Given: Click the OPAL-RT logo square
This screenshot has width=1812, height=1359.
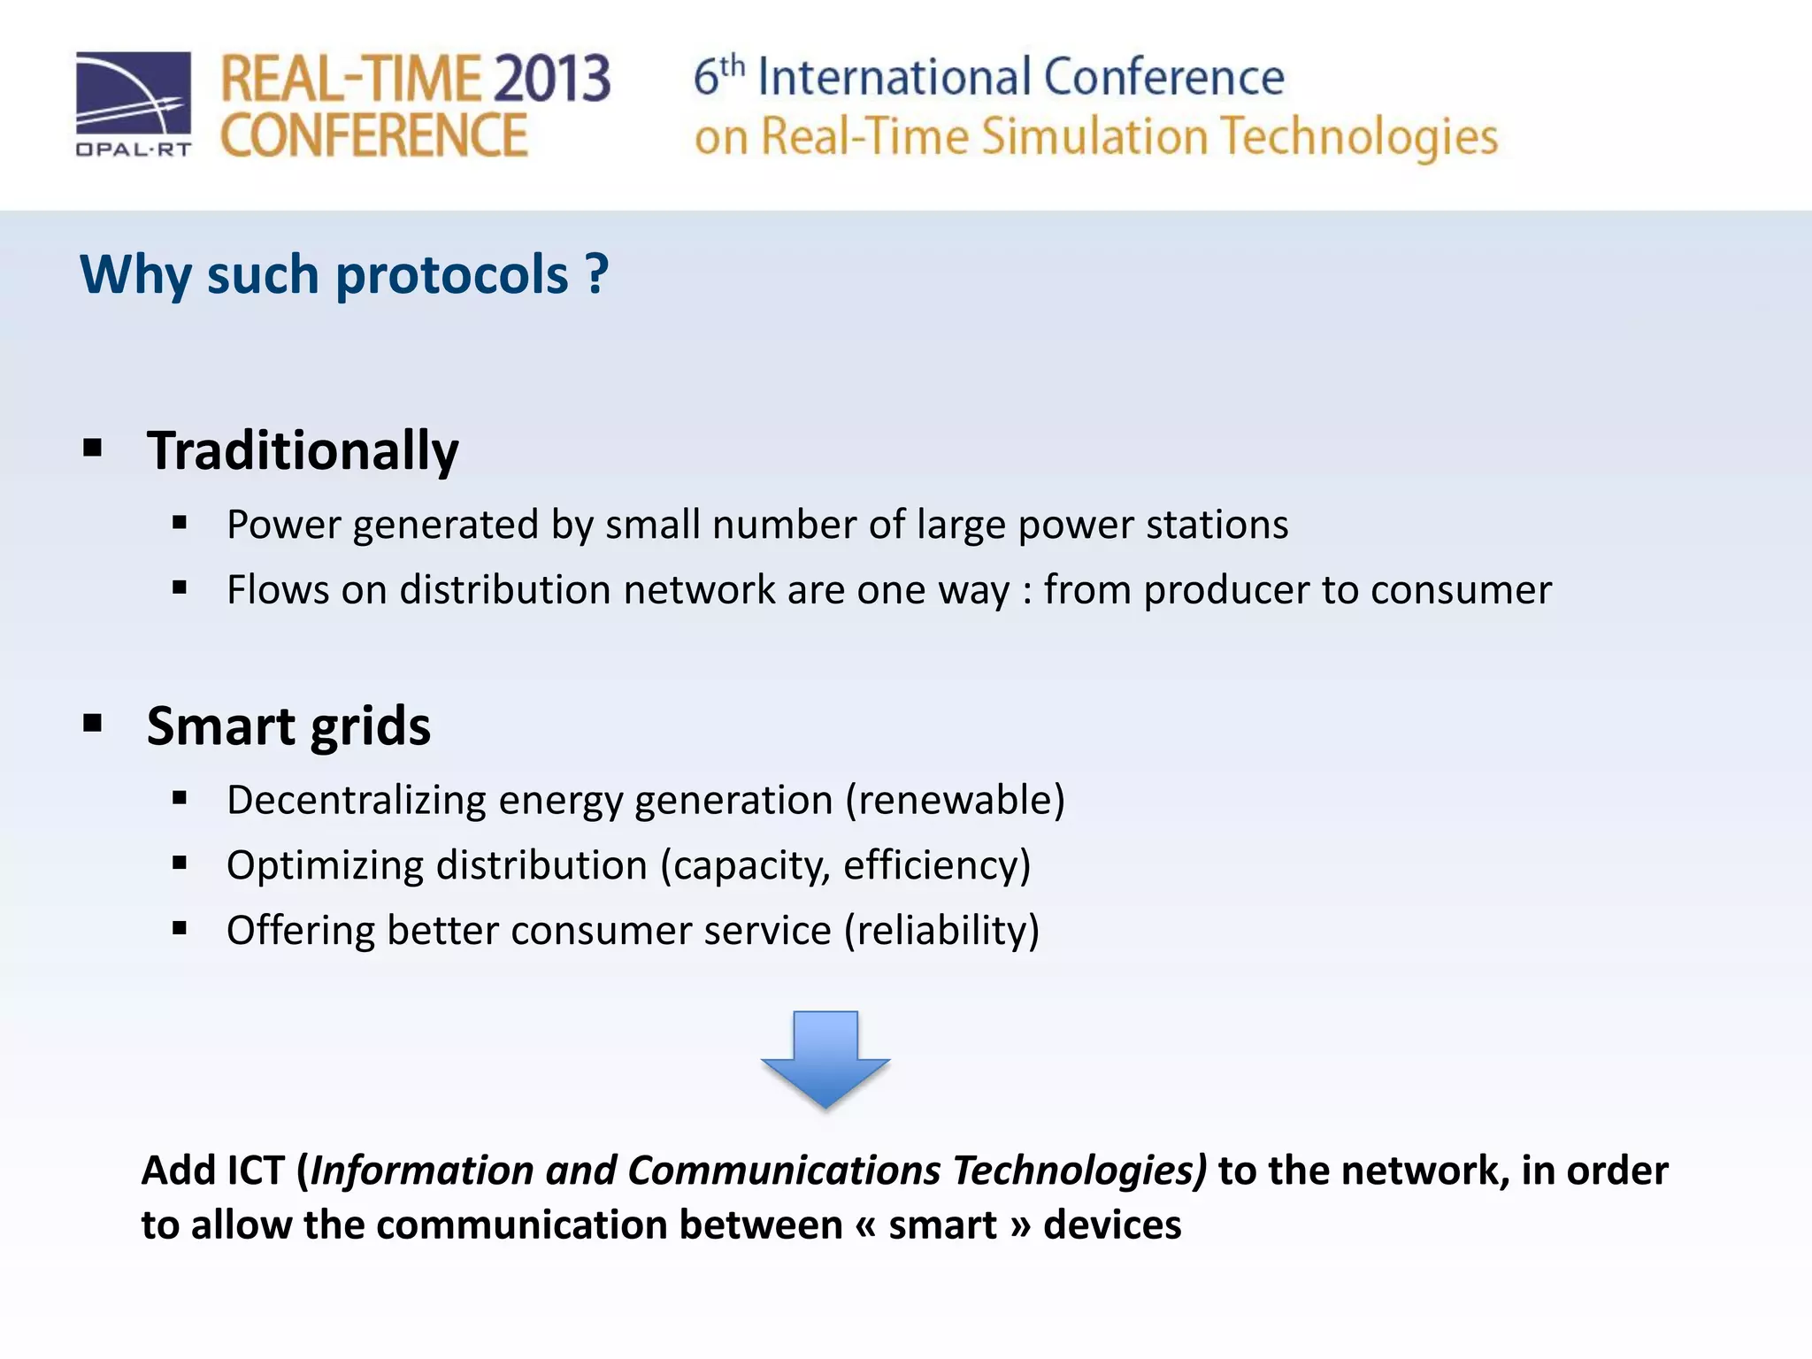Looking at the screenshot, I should [134, 94].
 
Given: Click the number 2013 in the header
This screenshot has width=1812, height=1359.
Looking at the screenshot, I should [551, 79].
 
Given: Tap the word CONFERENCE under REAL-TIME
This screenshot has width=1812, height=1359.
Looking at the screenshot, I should [373, 136].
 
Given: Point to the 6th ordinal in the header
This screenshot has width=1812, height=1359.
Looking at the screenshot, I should [718, 76].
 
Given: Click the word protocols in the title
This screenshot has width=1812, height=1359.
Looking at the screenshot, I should [451, 274].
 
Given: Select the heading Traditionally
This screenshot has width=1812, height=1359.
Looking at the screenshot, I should [303, 451].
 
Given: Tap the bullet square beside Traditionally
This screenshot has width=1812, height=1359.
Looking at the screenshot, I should [93, 448].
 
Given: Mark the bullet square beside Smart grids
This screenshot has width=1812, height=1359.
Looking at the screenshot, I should [93, 723].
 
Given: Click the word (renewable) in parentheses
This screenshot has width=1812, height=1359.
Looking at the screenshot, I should [955, 800].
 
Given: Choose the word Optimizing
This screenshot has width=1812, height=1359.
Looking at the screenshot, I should [325, 865].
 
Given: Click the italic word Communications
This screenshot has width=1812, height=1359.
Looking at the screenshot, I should [785, 1171].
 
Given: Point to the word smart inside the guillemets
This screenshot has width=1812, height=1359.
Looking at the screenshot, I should [942, 1225].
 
